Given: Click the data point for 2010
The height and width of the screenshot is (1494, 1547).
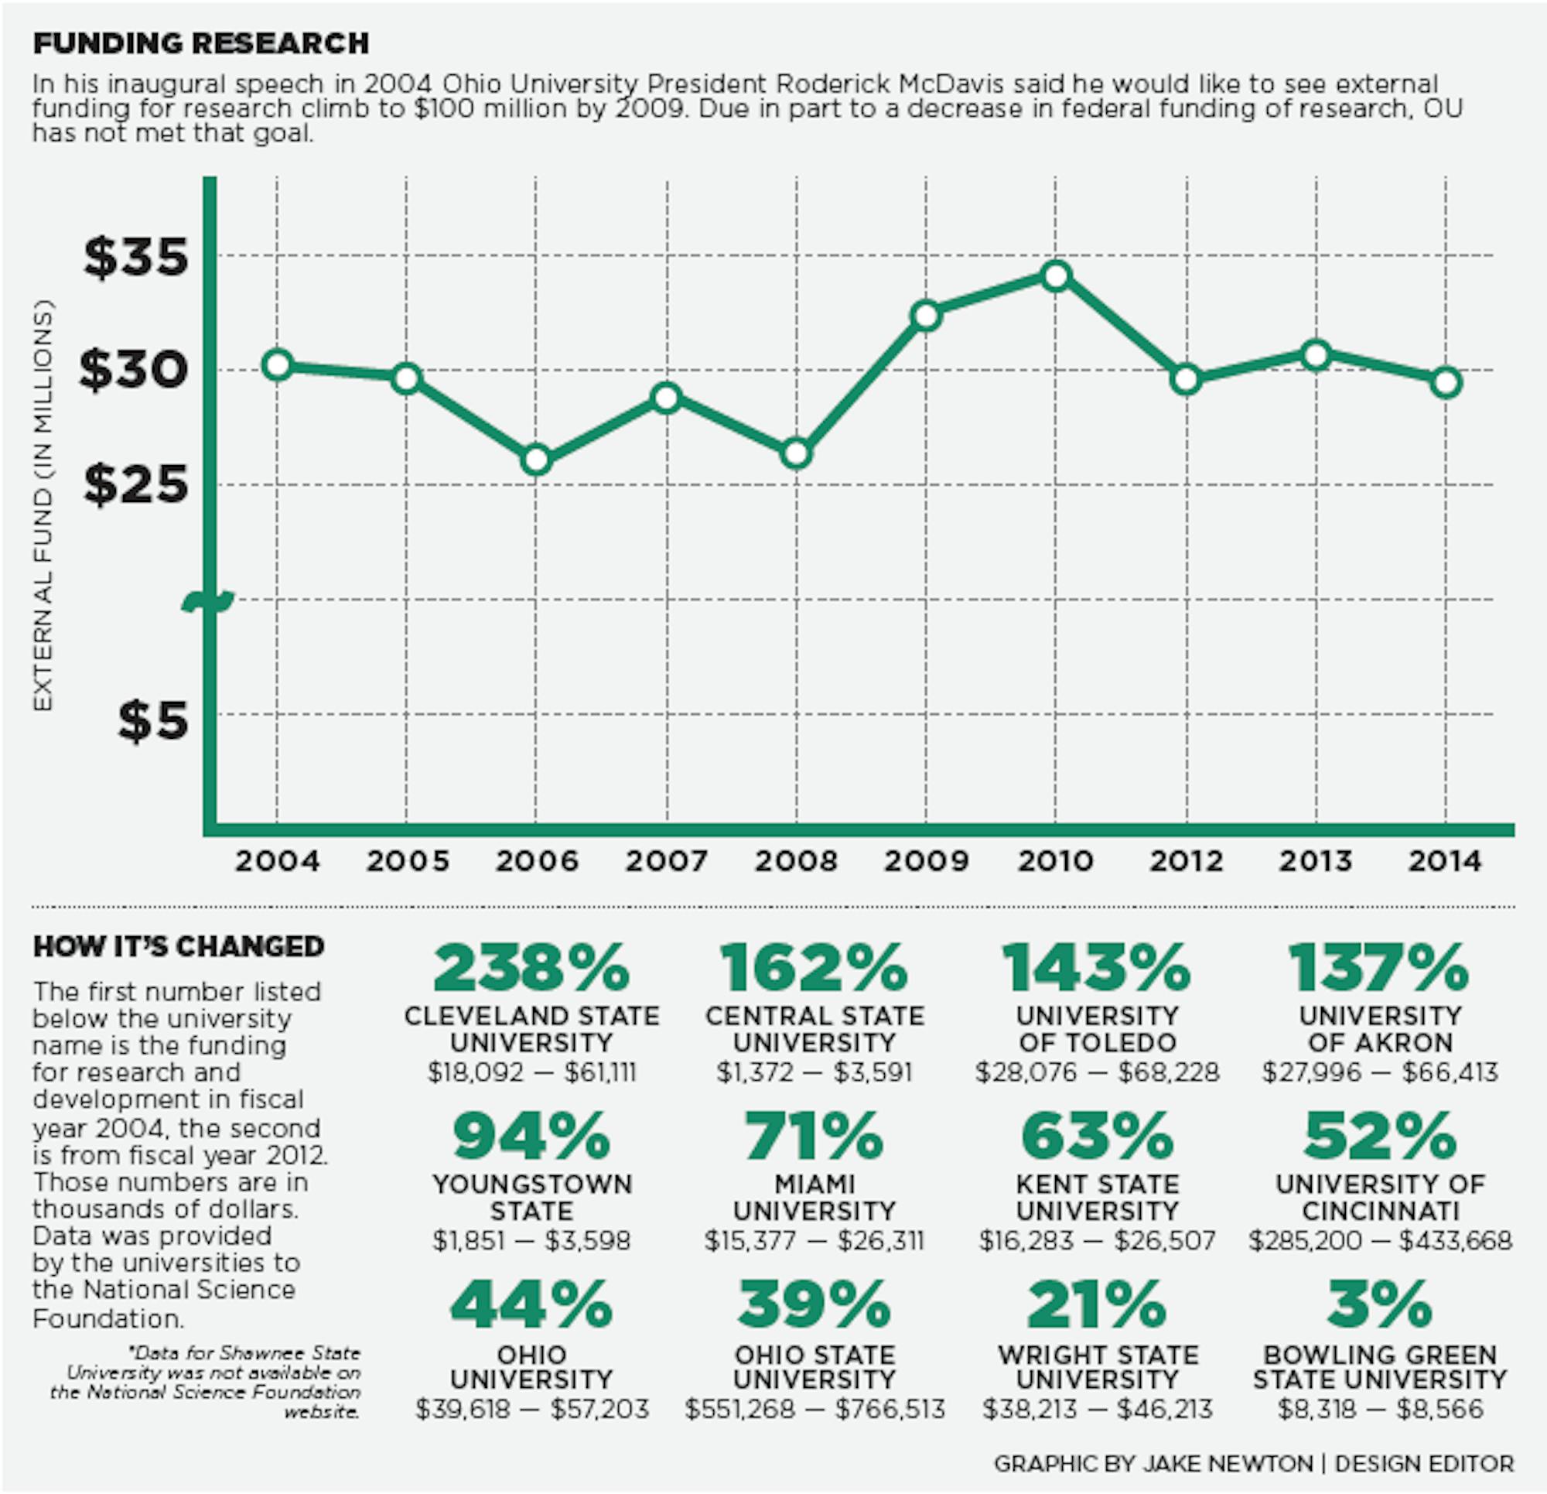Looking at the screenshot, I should (1056, 275).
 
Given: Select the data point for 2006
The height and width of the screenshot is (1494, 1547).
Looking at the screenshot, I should (536, 460).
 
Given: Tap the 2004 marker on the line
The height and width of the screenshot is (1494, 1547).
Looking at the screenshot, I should (277, 365).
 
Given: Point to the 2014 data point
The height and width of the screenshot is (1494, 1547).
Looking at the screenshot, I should (1446, 383).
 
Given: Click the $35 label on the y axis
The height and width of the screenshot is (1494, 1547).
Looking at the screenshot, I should (136, 258).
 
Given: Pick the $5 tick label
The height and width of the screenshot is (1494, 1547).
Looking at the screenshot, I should (153, 720).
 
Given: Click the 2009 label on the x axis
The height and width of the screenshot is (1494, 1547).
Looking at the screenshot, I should (926, 860).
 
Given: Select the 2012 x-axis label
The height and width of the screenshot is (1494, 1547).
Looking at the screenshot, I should (1186, 860).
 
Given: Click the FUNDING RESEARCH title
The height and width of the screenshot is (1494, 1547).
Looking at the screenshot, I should (200, 43).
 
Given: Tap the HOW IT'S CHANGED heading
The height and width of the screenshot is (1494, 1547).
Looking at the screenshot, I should (179, 946).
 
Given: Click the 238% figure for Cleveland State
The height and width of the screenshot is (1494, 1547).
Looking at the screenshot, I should (531, 968).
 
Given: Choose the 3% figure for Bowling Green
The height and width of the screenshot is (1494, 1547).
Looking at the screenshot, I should (1379, 1305).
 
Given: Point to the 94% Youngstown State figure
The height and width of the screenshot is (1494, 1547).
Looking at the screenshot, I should (531, 1136).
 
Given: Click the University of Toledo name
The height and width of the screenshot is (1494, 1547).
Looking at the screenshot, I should (1097, 1029).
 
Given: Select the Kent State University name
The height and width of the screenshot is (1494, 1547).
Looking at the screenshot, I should (1097, 1197).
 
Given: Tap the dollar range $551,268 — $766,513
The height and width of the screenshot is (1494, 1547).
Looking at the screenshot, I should (814, 1409).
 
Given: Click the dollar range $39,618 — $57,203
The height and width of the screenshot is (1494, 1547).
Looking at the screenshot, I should (532, 1409).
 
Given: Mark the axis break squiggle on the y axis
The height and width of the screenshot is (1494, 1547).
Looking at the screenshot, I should (208, 602).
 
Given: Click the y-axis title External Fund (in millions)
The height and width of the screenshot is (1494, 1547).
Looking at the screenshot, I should (43, 505).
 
